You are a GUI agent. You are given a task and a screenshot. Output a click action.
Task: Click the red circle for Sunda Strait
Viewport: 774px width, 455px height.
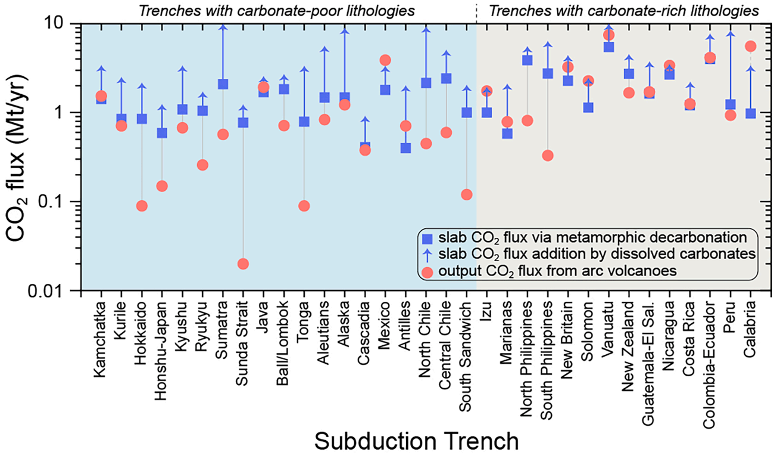coord(243,264)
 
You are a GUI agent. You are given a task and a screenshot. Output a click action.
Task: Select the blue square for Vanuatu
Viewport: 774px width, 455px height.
coord(608,47)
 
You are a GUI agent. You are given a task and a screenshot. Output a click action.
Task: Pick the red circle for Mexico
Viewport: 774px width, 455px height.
coord(385,60)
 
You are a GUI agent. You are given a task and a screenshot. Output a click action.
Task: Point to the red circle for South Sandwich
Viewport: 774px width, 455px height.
coord(467,194)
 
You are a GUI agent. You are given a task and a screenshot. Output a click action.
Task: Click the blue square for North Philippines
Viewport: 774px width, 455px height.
coord(527,60)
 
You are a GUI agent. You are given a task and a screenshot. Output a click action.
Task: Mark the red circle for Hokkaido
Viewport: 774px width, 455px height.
coord(142,206)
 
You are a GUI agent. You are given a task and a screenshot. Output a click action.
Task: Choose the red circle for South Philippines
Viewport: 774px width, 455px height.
coord(548,156)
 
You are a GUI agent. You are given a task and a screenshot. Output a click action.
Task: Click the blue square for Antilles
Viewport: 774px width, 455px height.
coord(405,148)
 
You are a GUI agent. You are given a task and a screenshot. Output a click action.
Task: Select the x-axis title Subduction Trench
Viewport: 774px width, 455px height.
coord(416,441)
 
